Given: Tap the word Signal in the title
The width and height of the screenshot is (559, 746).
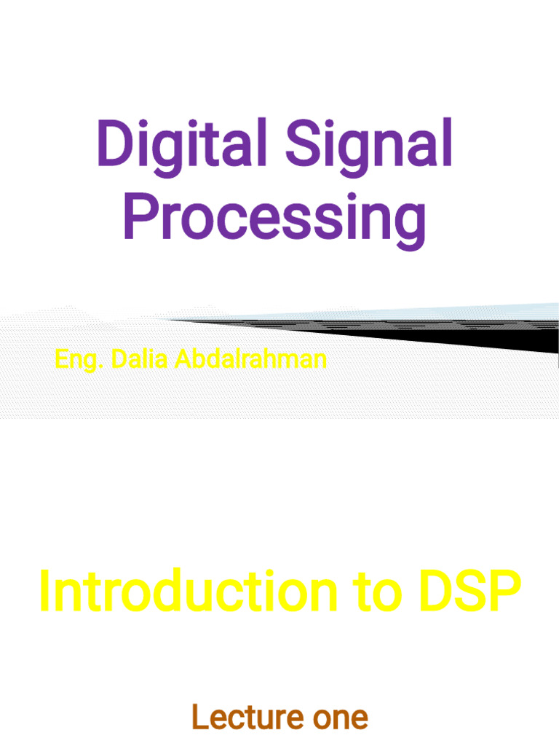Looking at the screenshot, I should (368, 144).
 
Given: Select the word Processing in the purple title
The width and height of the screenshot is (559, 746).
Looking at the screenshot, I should (274, 216).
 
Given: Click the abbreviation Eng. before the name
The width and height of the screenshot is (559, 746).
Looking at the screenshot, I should (79, 360).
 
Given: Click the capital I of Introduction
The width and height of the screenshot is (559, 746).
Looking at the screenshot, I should (44, 592).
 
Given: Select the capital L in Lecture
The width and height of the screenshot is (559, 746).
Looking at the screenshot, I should (198, 718).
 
